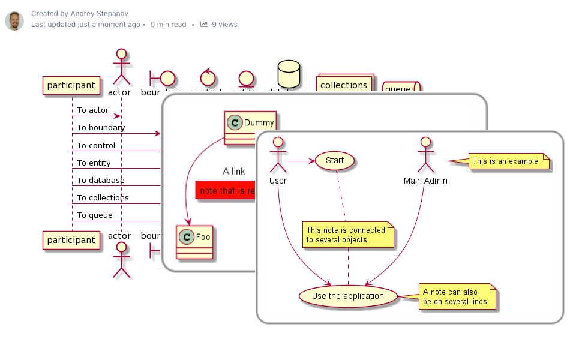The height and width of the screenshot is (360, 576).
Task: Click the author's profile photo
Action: [14, 20]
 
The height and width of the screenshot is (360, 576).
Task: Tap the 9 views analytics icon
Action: [204, 25]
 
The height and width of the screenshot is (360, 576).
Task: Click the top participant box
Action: [71, 86]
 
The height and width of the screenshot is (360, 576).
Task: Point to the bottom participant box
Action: [71, 240]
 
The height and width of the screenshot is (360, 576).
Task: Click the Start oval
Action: [334, 160]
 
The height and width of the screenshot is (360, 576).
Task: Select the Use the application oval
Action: [348, 296]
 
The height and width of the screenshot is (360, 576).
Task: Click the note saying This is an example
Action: [506, 161]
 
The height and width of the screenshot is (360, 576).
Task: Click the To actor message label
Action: [92, 110]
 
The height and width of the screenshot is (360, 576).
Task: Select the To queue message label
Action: [94, 215]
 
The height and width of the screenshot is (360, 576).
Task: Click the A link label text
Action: [233, 172]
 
